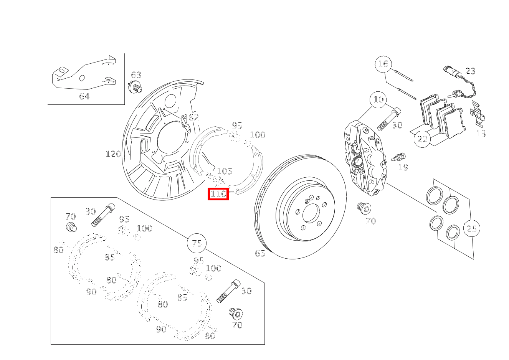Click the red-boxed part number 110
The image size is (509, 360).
click(x=218, y=194)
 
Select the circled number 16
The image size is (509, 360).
click(x=383, y=64)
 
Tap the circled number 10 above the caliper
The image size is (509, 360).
click(x=378, y=99)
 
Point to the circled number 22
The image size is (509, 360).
click(x=422, y=139)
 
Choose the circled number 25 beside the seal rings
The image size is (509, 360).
click(x=471, y=228)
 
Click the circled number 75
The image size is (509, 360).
click(x=197, y=243)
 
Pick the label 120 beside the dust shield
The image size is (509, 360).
click(x=113, y=154)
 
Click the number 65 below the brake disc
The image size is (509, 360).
click(x=260, y=253)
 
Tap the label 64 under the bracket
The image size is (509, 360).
click(x=84, y=96)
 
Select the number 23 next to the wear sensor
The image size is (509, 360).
click(x=470, y=71)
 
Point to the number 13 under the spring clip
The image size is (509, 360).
click(x=481, y=134)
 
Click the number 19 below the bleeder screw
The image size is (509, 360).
click(x=403, y=167)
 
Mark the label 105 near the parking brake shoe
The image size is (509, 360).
click(x=225, y=171)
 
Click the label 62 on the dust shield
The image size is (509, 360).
click(x=193, y=117)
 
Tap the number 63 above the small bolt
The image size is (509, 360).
click(x=136, y=75)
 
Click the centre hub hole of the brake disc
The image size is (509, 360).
click(x=311, y=213)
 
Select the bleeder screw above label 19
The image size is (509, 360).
click(x=398, y=157)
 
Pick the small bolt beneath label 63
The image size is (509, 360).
click(x=135, y=87)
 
